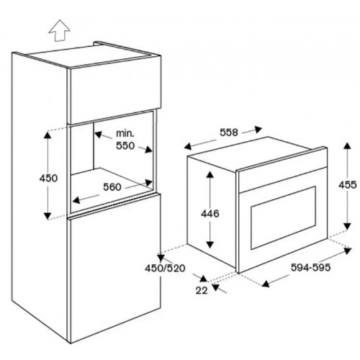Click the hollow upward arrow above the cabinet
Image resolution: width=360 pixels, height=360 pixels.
tap(59, 30)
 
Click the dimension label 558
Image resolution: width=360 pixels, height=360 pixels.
tap(229, 132)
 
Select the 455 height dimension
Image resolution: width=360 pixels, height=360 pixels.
tap(348, 185)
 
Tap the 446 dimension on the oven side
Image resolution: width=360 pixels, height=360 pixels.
tap(210, 213)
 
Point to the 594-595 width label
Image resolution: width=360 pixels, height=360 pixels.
tap(310, 267)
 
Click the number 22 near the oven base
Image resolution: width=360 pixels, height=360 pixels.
tap(202, 291)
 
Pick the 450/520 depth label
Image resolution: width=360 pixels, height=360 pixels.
tap(165, 268)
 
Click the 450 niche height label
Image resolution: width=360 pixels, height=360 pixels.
tap(48, 178)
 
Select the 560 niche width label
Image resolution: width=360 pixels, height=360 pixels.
tap(112, 187)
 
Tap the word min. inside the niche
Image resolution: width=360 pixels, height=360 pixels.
tap(125, 133)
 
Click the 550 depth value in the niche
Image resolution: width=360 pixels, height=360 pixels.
tap(125, 145)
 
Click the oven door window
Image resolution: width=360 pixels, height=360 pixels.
tap(283, 218)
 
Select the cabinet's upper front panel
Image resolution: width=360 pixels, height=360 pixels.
tap(114, 91)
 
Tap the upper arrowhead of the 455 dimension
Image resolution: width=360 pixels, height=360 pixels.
tap(347, 145)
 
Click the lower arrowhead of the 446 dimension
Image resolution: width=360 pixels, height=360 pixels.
tap(210, 244)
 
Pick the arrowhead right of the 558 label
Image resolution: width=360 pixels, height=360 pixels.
tap(258, 130)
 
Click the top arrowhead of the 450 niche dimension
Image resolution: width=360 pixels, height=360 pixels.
tap(48, 135)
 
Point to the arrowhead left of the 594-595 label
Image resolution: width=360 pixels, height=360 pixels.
tap(266, 284)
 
